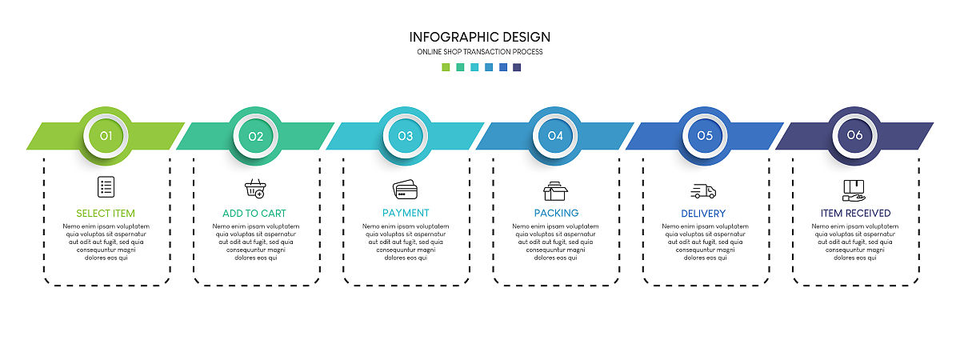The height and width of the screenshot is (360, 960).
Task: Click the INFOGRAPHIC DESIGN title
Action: click(x=479, y=38)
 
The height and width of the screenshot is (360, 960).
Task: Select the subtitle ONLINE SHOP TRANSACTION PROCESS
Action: click(x=479, y=52)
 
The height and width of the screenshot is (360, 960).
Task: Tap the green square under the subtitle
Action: click(x=446, y=67)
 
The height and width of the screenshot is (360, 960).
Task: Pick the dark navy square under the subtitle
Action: click(x=517, y=67)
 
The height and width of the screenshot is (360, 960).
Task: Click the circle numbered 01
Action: click(x=106, y=136)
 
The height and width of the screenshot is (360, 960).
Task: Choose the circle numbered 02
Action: click(x=256, y=136)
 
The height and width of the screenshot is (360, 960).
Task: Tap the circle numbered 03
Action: click(x=406, y=136)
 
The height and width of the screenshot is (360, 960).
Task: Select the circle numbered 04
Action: click(x=555, y=136)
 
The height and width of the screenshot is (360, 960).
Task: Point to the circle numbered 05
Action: click(x=705, y=136)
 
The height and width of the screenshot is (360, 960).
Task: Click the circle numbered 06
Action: click(x=854, y=136)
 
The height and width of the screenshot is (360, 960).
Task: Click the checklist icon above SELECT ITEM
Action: click(x=106, y=187)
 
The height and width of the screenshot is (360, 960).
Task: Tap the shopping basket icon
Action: click(x=255, y=189)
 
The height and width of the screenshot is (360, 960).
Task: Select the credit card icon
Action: click(x=405, y=190)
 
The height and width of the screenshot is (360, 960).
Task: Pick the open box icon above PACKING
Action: click(x=555, y=191)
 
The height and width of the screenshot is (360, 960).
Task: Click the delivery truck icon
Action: click(x=703, y=191)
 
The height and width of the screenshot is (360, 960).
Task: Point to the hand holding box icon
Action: click(x=854, y=190)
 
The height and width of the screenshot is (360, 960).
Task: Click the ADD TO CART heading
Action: click(x=254, y=214)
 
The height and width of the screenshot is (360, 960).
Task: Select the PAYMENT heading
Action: click(x=406, y=213)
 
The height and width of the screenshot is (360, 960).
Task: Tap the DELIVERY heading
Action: click(x=703, y=214)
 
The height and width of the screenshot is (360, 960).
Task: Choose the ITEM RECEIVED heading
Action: click(x=855, y=214)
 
